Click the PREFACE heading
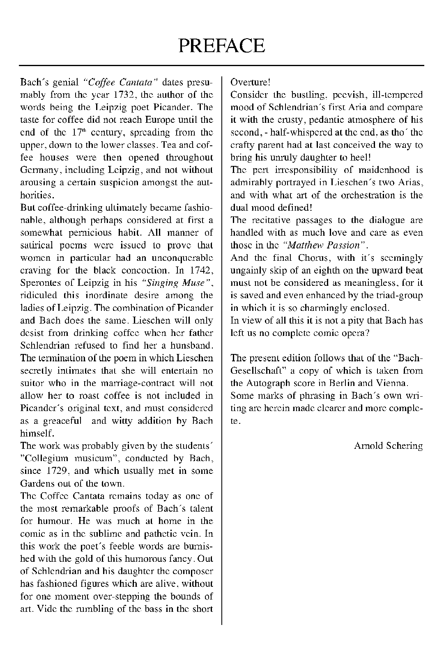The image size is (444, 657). point(222,45)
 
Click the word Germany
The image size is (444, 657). point(37,170)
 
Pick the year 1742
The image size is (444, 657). point(202,270)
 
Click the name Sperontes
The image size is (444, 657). point(40,283)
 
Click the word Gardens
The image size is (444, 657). point(35,483)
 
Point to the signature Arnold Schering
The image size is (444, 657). point(388,446)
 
